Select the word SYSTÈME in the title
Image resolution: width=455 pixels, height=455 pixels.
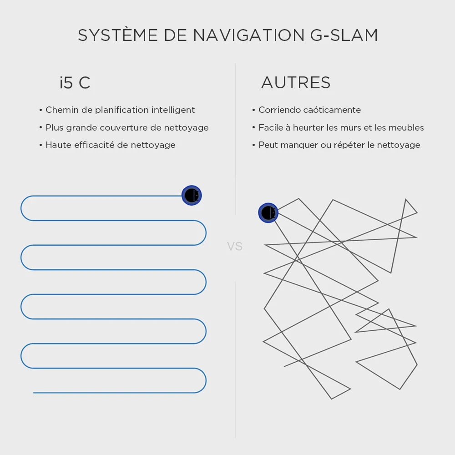point(118,35)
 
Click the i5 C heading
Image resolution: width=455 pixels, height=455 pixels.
point(75,83)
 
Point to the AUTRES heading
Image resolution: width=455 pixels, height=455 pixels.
point(296,83)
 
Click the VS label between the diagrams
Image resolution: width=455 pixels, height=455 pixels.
point(235,247)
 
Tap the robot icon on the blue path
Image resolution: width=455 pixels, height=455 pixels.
point(192,195)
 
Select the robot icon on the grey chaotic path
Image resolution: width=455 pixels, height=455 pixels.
point(268,213)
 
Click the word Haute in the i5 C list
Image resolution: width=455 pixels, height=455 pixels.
point(58,145)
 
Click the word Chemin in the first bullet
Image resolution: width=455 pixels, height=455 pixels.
point(61,110)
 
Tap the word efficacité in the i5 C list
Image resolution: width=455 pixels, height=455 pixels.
point(97,145)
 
